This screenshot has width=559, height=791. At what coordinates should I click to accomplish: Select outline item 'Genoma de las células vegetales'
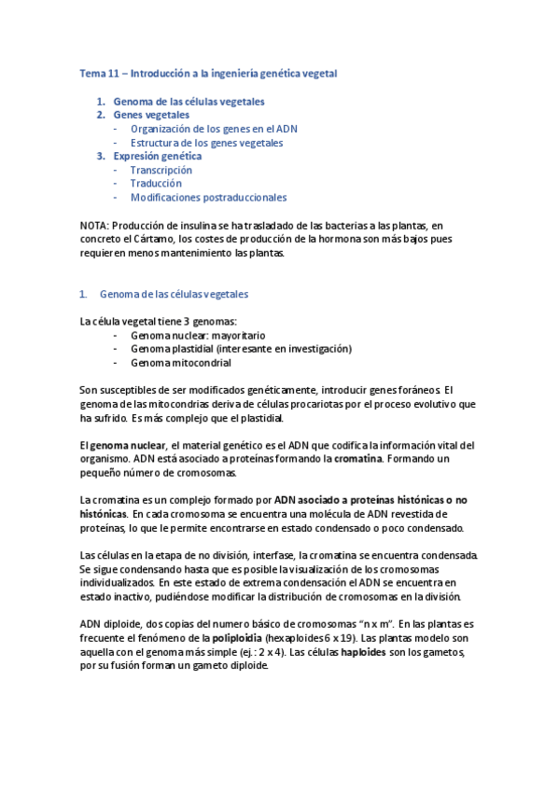pyautogui.click(x=189, y=101)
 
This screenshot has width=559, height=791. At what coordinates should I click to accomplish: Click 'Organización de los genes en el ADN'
pyautogui.click(x=214, y=129)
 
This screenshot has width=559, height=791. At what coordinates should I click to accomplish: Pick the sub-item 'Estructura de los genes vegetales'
pyautogui.click(x=206, y=143)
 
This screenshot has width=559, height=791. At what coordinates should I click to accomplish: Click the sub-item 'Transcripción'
pyautogui.click(x=161, y=170)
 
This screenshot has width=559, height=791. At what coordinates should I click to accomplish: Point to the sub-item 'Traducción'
pyautogui.click(x=156, y=184)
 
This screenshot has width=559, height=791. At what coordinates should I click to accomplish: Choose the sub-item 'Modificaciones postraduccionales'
pyautogui.click(x=208, y=198)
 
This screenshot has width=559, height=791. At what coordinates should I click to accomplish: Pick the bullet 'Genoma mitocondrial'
pyautogui.click(x=180, y=362)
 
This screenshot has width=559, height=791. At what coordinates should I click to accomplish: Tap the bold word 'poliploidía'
pyautogui.click(x=231, y=637)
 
